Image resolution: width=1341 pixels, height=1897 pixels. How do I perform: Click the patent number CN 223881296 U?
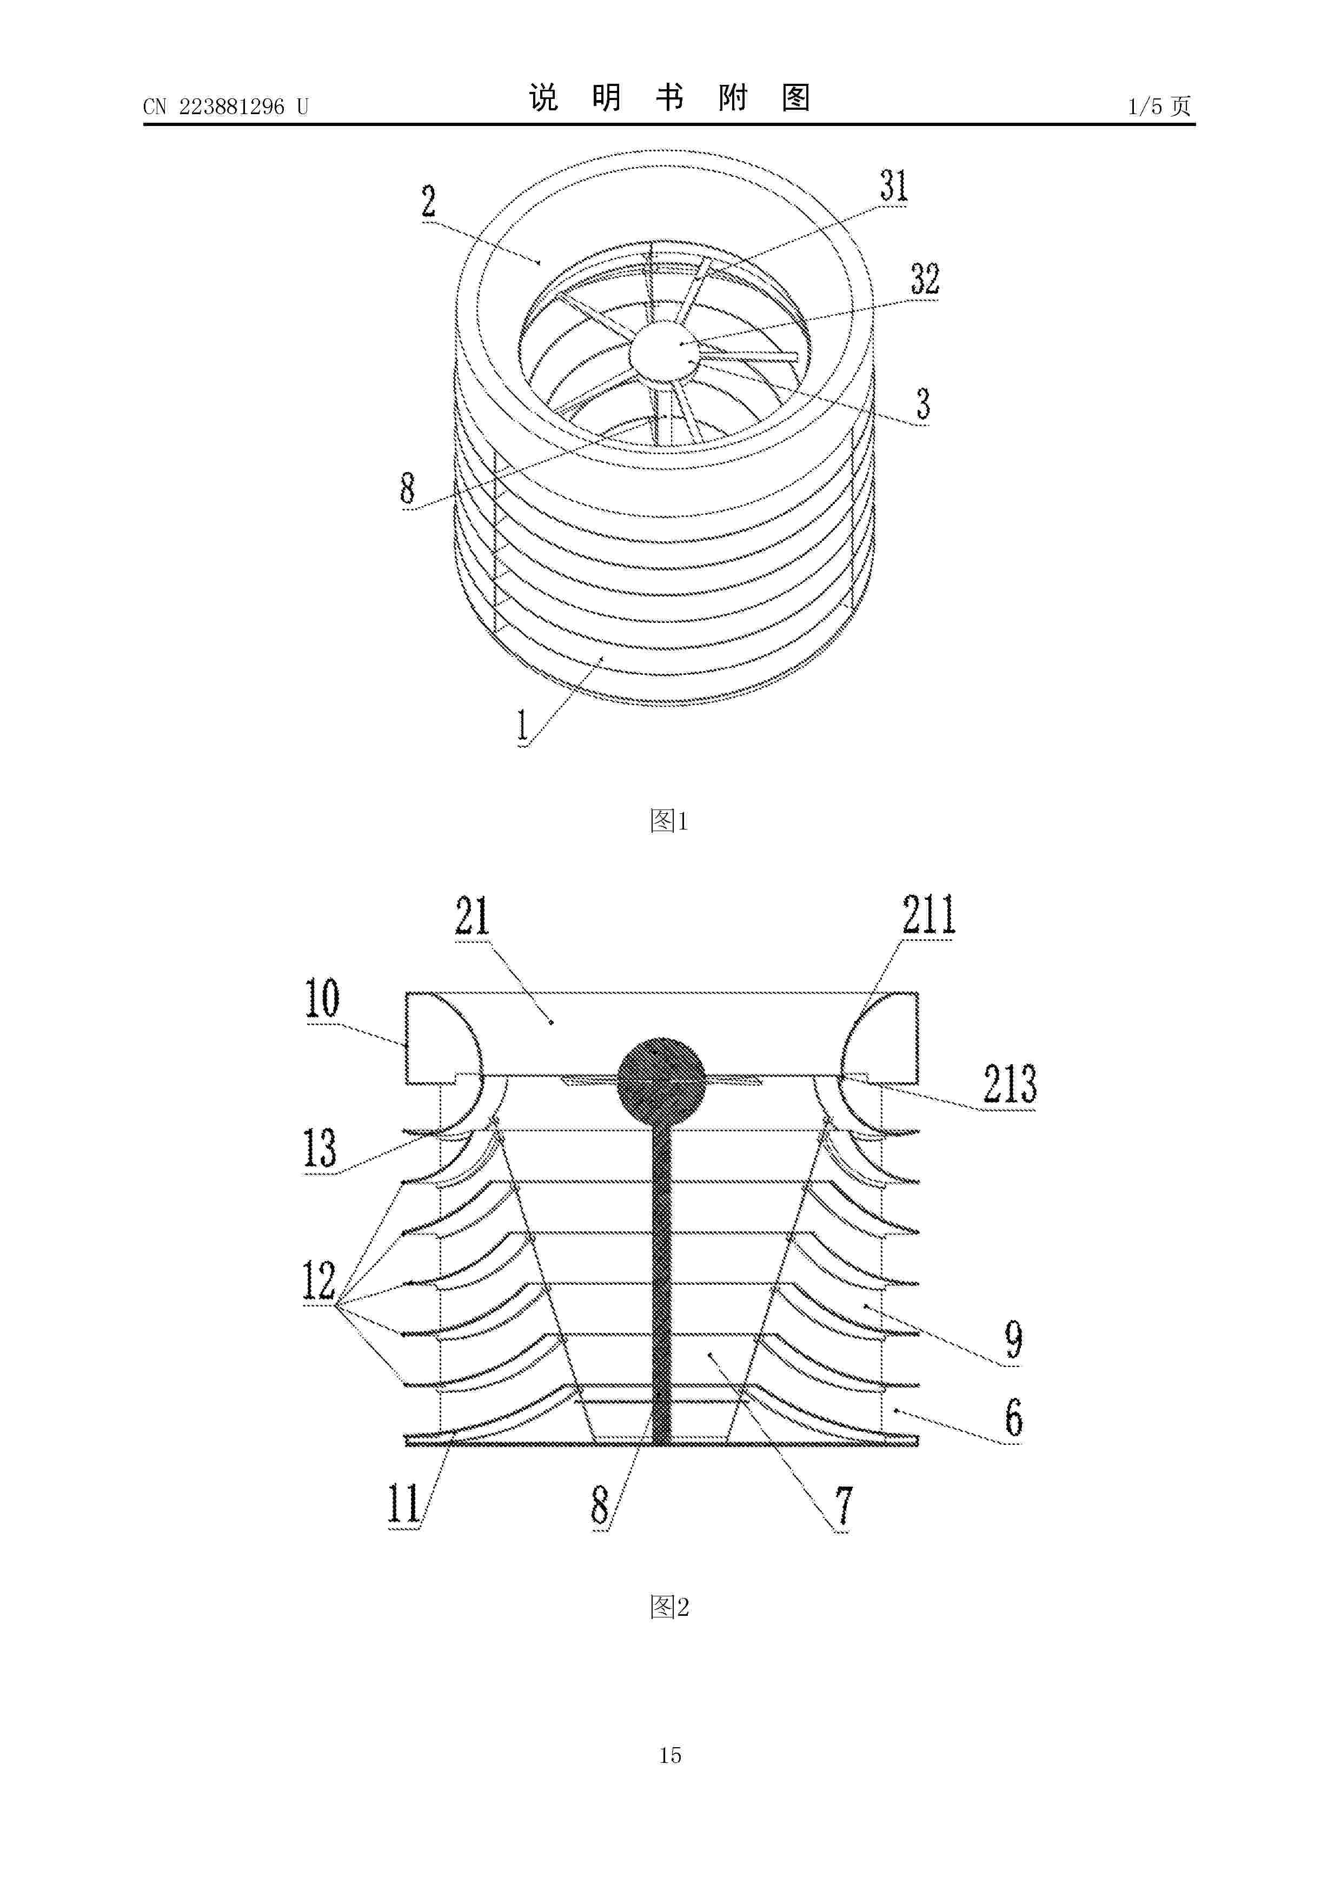point(225,107)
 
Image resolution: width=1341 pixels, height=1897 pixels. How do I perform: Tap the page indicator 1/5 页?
point(1159,106)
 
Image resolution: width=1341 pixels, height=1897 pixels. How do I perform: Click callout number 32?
point(925,279)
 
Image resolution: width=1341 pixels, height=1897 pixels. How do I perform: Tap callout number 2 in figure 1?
point(428,202)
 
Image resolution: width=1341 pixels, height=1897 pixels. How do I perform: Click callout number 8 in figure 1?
point(407,487)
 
